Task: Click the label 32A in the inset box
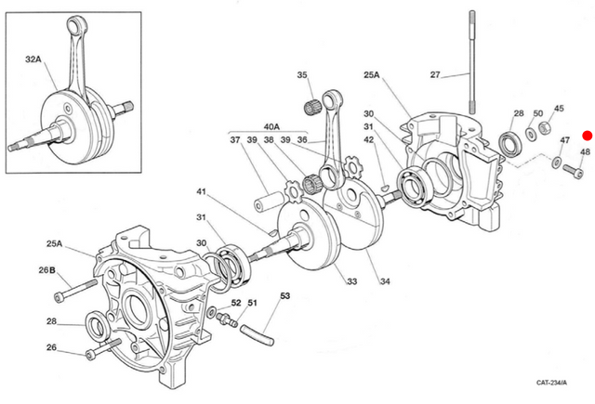33,59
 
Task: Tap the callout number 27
435,75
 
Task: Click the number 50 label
538,114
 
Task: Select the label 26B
47,270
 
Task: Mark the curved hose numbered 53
257,329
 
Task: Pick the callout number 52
235,303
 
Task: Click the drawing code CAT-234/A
555,383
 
